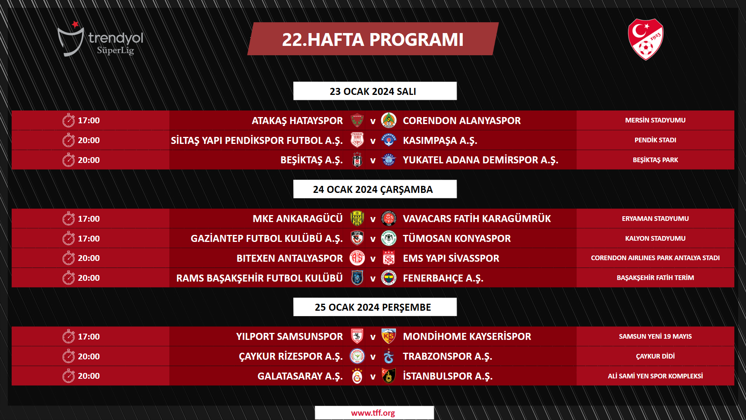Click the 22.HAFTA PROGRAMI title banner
click(x=373, y=39)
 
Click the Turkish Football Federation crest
click(x=645, y=39)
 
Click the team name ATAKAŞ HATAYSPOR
click(x=297, y=121)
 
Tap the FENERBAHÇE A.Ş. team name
click(x=443, y=278)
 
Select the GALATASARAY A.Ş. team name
click(x=300, y=376)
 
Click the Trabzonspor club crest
click(x=389, y=356)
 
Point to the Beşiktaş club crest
click(x=357, y=160)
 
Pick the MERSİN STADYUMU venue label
click(x=655, y=120)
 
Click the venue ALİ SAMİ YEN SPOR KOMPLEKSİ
click(x=655, y=376)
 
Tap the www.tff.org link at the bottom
click(x=373, y=413)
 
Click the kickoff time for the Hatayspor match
click(x=89, y=121)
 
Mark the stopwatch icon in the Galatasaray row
click(x=68, y=376)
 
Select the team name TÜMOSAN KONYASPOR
click(x=457, y=238)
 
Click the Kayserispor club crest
click(x=389, y=336)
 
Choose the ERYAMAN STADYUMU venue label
click(x=655, y=219)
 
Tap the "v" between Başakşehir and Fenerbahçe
click(x=373, y=278)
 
